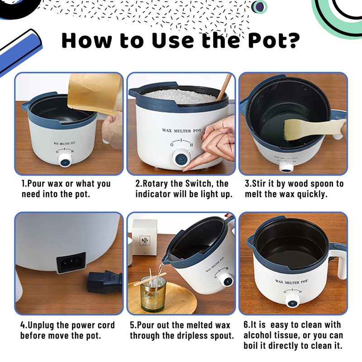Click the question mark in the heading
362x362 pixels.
pos(293,41)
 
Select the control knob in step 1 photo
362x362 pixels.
pos(65,160)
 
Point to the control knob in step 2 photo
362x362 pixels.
pos(182,158)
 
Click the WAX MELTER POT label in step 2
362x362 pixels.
pos(182,131)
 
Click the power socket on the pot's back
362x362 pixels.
pos(71,262)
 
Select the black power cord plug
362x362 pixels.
pos(105,282)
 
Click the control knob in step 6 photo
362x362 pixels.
pos(292,301)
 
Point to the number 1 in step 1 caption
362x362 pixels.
pos(23,184)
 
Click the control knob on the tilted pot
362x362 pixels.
pos(228,281)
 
